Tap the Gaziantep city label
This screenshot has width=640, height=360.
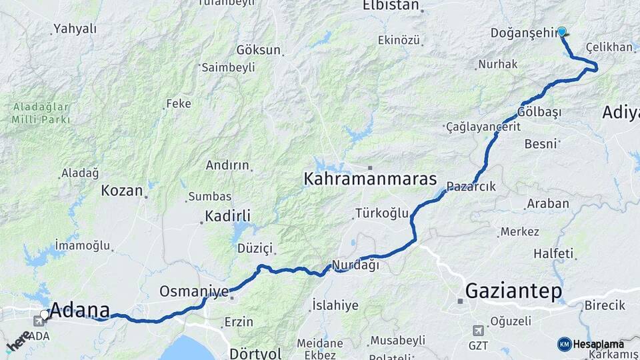513,291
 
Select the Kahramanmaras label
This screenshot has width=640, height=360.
370,179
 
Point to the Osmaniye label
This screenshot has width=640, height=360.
194,291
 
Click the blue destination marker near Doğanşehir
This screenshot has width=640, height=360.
562,31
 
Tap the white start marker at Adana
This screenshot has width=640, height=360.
45,314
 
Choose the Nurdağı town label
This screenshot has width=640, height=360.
355,265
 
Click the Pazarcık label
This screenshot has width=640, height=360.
471,187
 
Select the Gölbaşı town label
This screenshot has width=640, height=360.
539,111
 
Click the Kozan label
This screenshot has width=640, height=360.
122,191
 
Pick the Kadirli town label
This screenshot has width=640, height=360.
228,215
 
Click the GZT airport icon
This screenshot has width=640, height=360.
478,330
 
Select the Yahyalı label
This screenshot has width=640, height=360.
75,29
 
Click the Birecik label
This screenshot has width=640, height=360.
605,305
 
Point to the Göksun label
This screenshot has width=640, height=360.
259,50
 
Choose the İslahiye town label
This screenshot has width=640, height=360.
335,305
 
